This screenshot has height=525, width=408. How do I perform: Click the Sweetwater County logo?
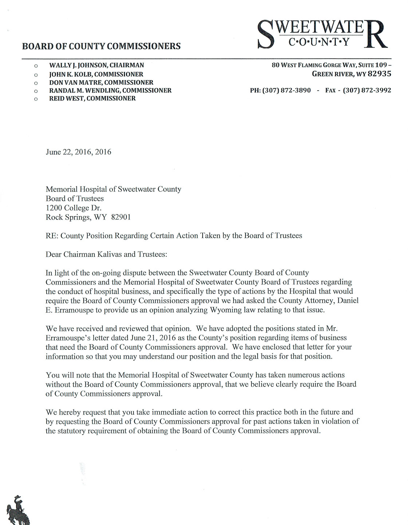pos(322,34)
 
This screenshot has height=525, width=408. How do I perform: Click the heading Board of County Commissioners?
pos(101,46)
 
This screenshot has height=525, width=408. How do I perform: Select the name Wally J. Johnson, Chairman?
pos(97,65)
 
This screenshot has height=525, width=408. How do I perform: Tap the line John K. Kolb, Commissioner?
pos(96,74)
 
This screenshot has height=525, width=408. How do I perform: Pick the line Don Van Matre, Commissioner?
pos(101,83)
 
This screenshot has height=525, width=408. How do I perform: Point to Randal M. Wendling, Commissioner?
pos(110,90)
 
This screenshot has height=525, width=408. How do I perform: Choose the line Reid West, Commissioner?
pos(93,98)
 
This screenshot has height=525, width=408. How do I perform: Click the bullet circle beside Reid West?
pos(35,99)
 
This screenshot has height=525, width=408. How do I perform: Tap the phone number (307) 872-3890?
pos(286,90)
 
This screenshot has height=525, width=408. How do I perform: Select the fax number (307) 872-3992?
pos(367,90)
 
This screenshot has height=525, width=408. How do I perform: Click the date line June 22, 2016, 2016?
pos(78,152)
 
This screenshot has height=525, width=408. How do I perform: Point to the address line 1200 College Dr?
pos(73,208)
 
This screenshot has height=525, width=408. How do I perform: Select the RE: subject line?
pos(174,236)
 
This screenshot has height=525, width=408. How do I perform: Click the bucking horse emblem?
pos(20,510)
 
